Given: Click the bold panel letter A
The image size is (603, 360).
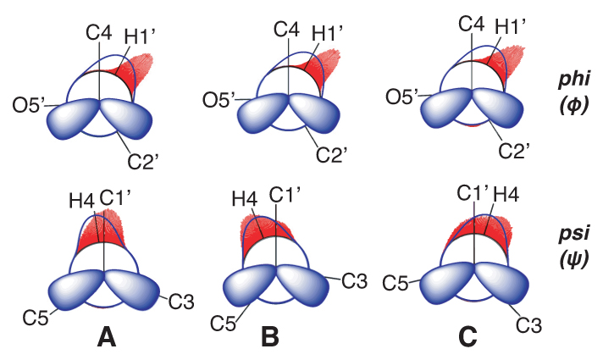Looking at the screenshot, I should coord(107,337).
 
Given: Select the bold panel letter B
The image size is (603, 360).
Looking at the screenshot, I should coord(269,337).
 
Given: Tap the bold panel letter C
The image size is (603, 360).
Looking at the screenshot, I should coord(467,337).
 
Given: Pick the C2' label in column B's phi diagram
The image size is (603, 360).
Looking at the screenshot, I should coord(331,155).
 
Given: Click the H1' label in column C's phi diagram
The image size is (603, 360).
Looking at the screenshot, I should coord(511,29).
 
